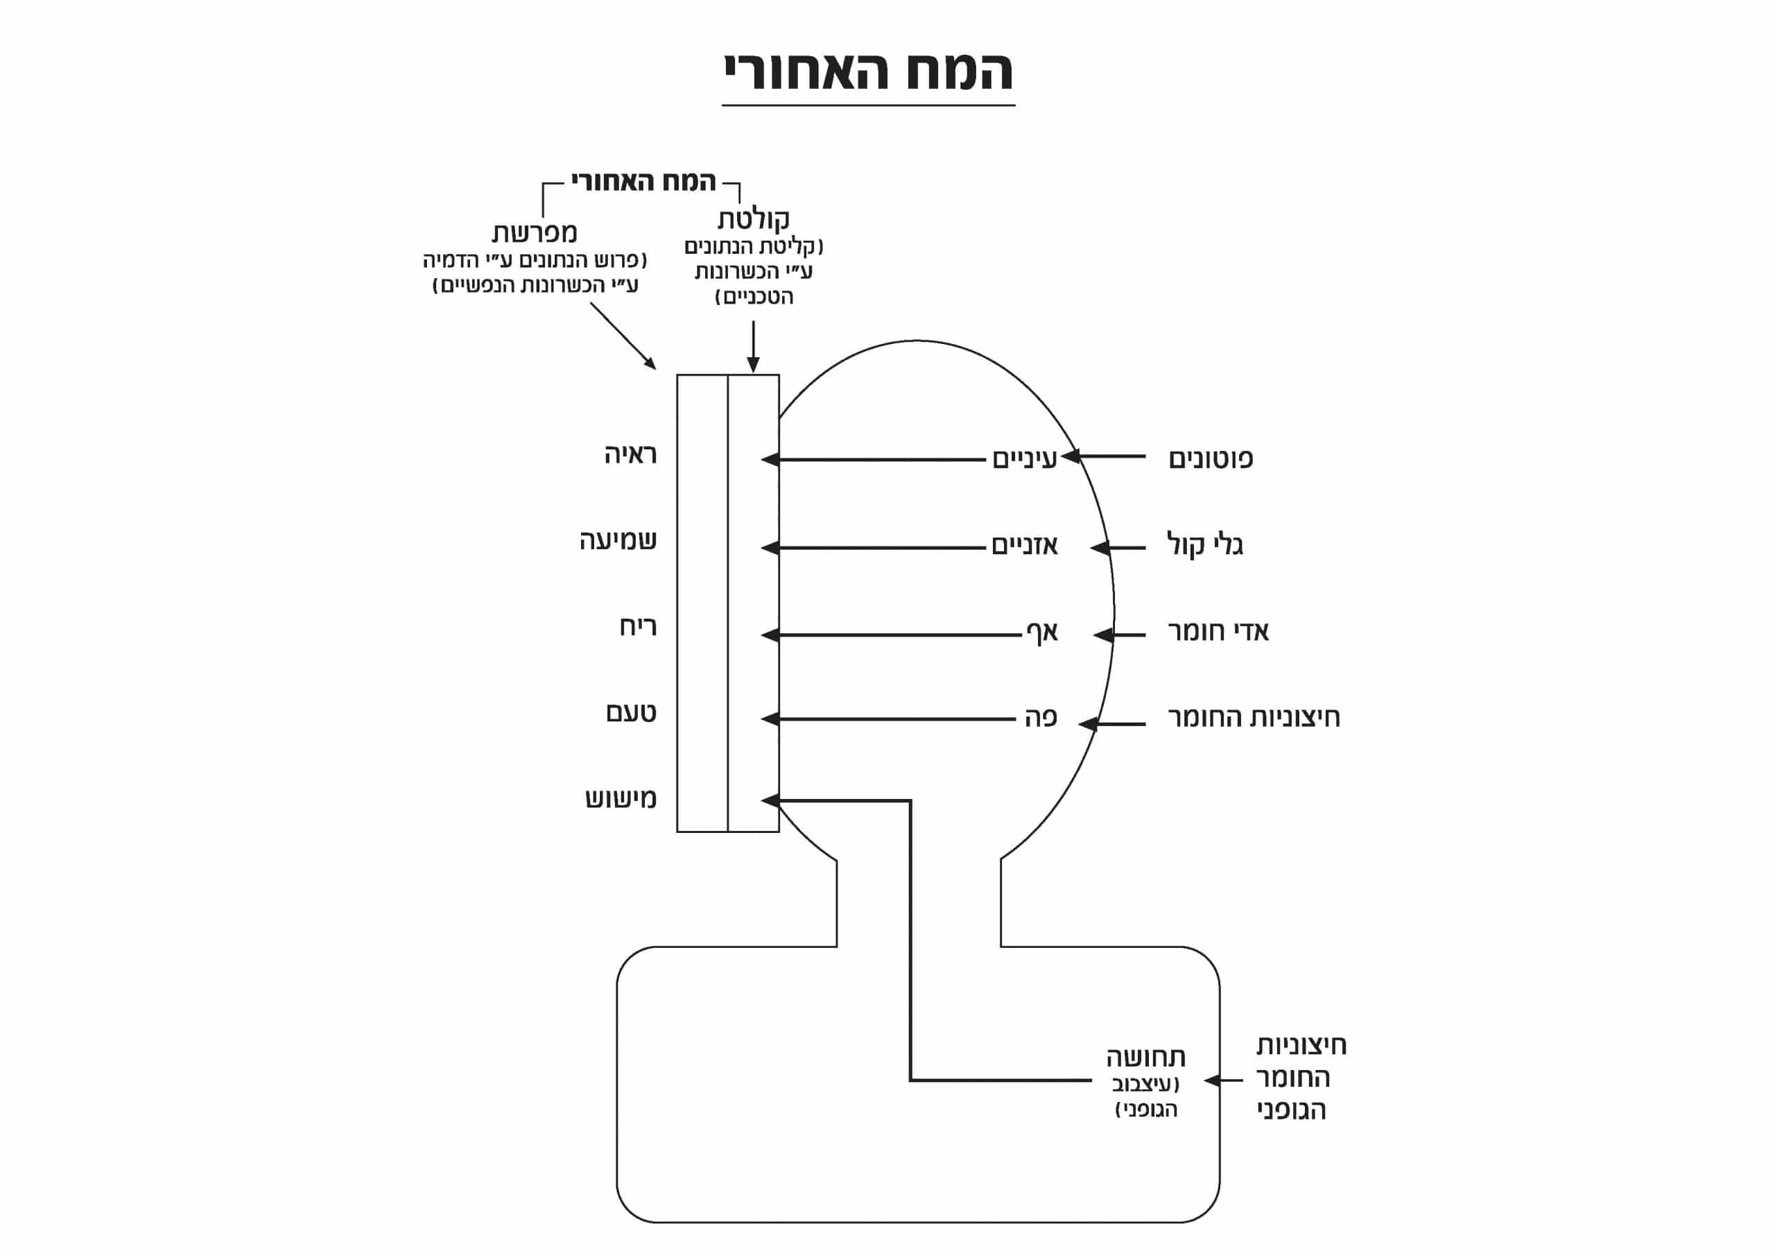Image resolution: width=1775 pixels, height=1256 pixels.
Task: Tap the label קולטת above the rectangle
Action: tap(753, 219)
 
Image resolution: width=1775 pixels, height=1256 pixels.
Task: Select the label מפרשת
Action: tap(534, 233)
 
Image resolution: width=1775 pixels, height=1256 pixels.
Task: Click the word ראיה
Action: tap(631, 455)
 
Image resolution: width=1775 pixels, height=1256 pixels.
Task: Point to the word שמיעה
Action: tap(618, 540)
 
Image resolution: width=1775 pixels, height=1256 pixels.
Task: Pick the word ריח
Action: tap(638, 626)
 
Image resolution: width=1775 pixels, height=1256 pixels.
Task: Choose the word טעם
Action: tap(631, 712)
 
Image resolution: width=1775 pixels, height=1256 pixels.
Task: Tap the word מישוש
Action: tap(621, 798)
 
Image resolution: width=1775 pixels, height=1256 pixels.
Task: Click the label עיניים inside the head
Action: tap(1024, 458)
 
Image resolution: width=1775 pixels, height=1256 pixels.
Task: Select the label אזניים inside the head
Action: tap(1024, 546)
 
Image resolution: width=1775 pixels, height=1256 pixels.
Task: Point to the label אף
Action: tap(1041, 633)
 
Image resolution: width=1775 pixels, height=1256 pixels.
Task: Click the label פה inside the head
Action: tap(1041, 718)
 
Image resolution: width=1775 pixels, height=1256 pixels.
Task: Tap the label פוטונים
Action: tap(1211, 458)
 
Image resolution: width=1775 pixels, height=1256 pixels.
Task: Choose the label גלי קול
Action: tap(1204, 545)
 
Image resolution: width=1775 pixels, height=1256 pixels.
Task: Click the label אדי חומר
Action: tap(1218, 632)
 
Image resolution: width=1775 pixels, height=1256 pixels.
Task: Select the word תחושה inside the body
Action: tap(1145, 1057)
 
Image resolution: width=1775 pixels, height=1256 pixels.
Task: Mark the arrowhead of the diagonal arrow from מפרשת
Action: tap(651, 364)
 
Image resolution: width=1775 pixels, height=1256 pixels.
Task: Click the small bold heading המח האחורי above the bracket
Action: tap(643, 182)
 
